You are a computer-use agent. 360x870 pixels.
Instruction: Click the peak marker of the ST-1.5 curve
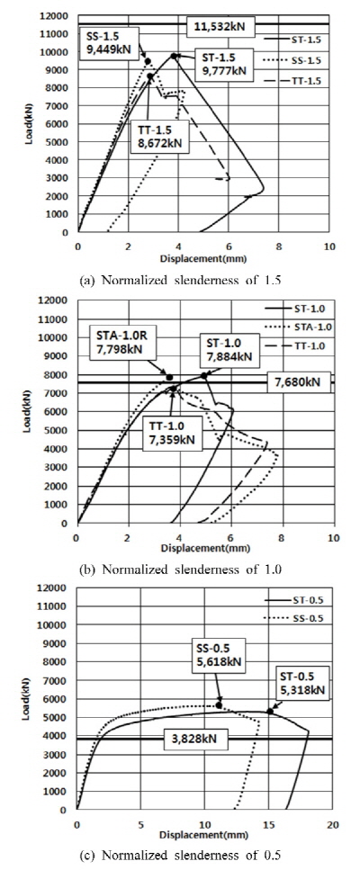click(x=174, y=56)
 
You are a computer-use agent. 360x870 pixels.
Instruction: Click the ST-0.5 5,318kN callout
click(x=301, y=682)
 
